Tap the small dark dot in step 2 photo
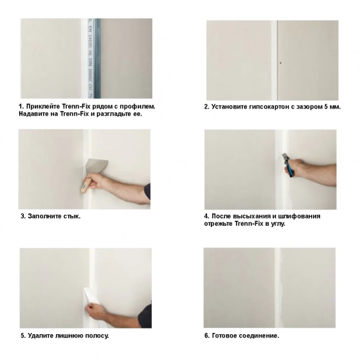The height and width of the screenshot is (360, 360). (x=281, y=62)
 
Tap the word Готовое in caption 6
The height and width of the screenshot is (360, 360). (x=227, y=336)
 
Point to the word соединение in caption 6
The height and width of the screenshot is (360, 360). (x=262, y=336)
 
